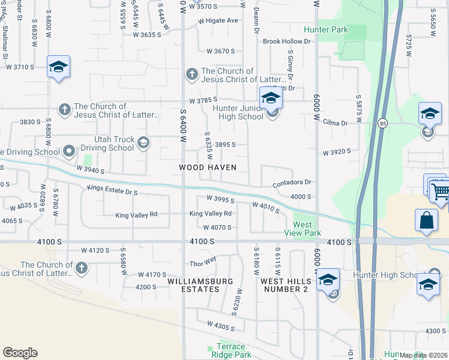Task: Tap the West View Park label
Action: [306, 229]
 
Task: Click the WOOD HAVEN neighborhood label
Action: [208, 167]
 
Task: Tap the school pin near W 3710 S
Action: [58, 67]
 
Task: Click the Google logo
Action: [20, 353]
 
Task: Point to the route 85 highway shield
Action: [382, 124]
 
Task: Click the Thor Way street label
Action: [202, 263]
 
